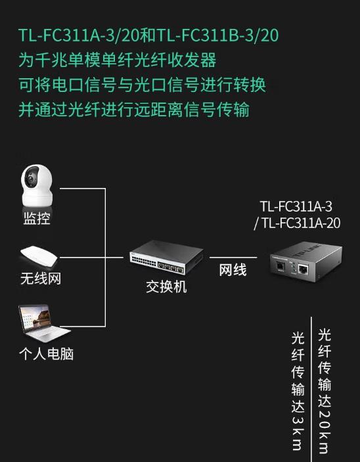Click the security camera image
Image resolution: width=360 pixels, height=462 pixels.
coord(37,186)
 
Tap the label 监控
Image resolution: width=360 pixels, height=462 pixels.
coord(37,218)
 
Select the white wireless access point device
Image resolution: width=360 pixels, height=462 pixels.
coord(39,256)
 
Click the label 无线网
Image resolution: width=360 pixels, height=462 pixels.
coord(41,278)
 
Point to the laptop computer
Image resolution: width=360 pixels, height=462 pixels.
coord(43,323)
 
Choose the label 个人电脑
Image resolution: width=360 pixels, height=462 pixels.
coord(46,354)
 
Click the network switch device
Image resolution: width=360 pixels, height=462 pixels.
coord(166,257)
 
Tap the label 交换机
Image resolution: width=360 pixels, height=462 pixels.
coord(166,287)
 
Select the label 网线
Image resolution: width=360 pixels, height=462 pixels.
coord(233,270)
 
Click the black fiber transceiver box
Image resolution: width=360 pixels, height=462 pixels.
coord(305,261)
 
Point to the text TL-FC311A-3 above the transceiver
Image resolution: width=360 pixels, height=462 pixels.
coord(296,206)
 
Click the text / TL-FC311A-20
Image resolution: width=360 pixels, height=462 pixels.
coord(297,223)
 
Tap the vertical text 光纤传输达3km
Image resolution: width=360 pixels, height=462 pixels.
coord(298,391)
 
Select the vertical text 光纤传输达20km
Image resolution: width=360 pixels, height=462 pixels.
coord(325,391)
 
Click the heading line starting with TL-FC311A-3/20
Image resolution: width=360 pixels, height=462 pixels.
coord(148,35)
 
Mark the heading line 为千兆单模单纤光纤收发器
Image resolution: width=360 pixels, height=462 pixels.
coord(117,60)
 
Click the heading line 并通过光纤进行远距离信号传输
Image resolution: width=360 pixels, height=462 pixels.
coord(134,110)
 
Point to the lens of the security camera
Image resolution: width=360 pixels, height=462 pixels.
coord(30,179)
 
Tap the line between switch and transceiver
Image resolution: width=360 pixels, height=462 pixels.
coord(233,257)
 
